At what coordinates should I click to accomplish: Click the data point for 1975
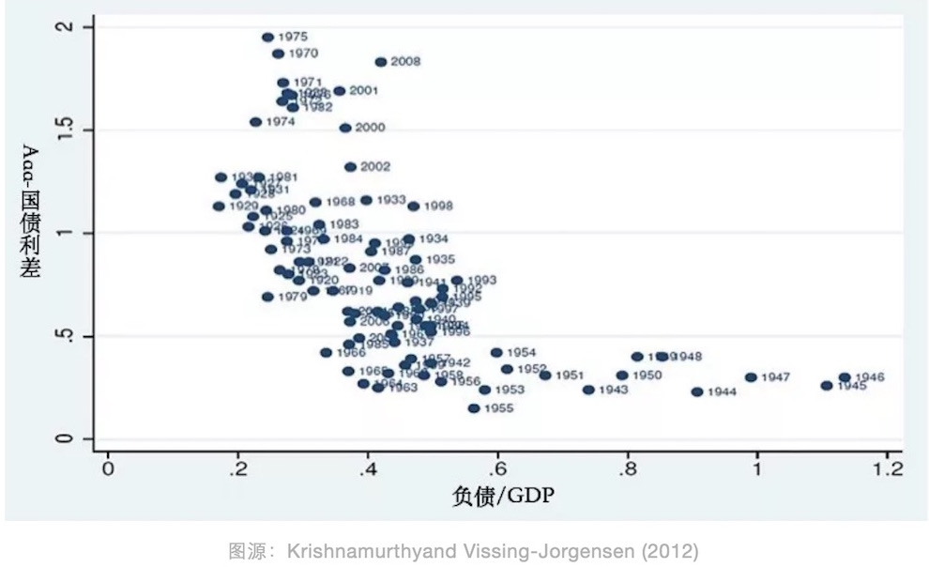[267, 38]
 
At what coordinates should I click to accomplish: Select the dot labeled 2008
[380, 62]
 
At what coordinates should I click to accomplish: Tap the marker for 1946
[845, 377]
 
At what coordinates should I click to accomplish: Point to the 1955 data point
[474, 408]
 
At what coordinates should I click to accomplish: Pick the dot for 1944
[697, 391]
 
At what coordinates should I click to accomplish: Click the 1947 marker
[751, 377]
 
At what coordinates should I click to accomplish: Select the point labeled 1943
[588, 390]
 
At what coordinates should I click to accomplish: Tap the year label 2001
[363, 91]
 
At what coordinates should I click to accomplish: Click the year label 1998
[438, 207]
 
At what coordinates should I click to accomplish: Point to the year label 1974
[280, 122]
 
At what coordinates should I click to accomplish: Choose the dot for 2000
[345, 128]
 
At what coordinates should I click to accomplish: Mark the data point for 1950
[621, 375]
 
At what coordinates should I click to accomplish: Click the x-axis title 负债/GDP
[503, 495]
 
